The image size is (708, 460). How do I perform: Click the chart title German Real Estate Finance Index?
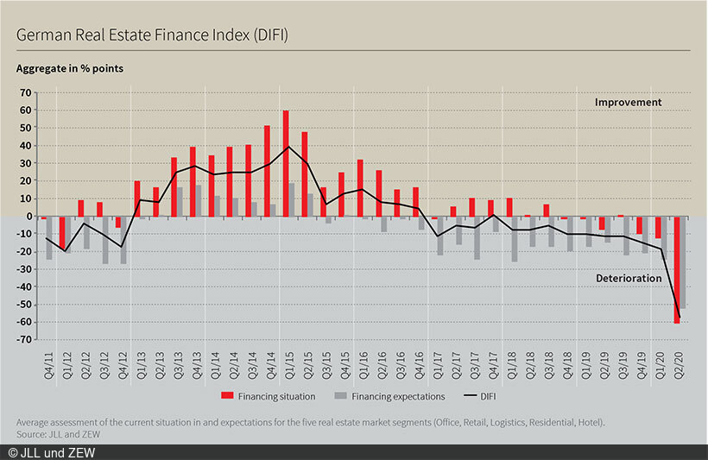[x=152, y=35]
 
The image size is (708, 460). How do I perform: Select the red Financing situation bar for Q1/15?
[x=286, y=163]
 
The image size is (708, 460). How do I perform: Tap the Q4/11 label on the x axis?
[x=47, y=357]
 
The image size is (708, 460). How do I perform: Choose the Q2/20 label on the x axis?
[x=681, y=357]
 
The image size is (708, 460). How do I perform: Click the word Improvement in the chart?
[x=628, y=102]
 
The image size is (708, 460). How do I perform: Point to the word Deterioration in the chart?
[x=629, y=279]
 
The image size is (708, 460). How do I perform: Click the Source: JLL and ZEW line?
[x=56, y=432]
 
